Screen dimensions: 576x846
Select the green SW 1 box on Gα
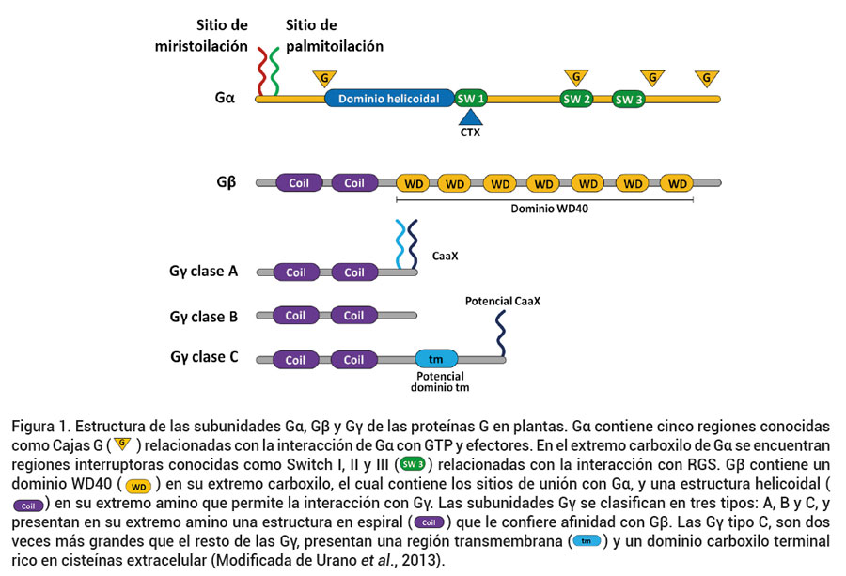[471, 99]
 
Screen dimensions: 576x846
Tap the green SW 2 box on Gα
[576, 99]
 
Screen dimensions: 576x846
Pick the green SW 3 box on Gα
[628, 99]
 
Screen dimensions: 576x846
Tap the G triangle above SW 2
[576, 76]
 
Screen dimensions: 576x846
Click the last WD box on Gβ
[676, 183]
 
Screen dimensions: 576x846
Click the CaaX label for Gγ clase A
[444, 254]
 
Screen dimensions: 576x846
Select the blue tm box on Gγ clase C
[436, 360]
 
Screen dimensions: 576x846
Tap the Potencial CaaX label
[503, 302]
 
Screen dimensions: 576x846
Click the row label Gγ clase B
[211, 317]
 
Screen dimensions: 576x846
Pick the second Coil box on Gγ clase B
[353, 316]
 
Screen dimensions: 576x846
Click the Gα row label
[224, 98]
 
